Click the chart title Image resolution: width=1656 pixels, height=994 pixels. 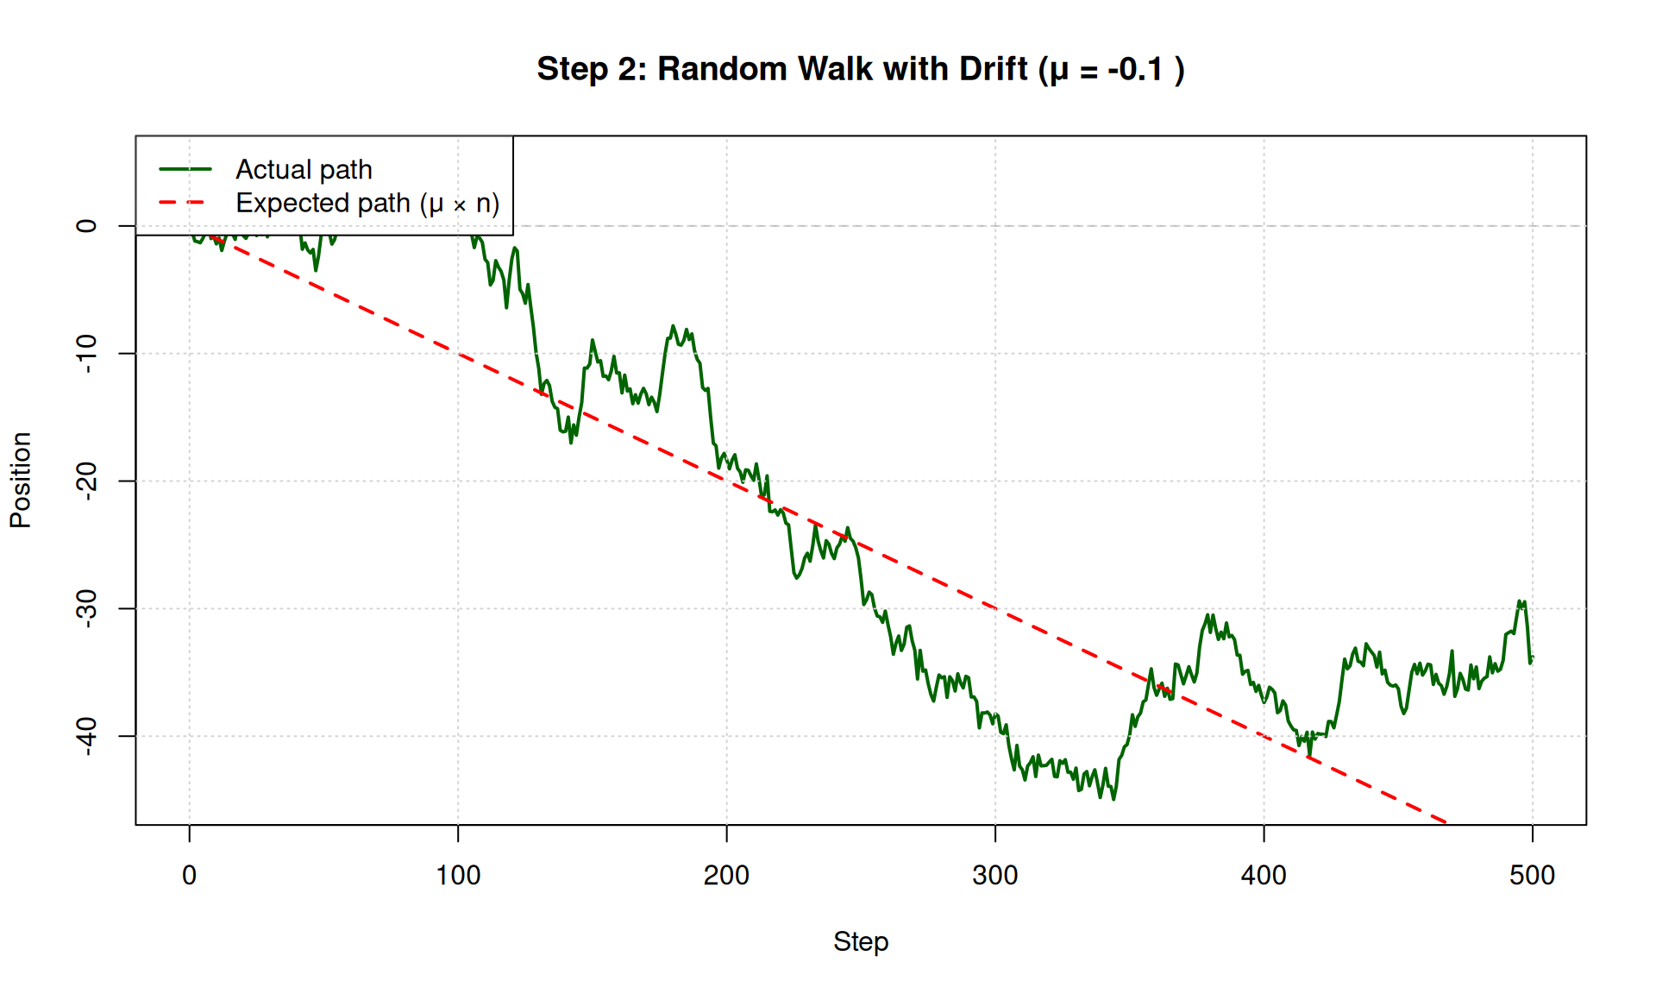click(x=861, y=69)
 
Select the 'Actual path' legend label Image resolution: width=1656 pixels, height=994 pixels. click(x=304, y=170)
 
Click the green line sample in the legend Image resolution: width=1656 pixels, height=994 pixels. click(x=185, y=170)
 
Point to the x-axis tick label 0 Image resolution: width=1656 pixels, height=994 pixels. click(x=190, y=875)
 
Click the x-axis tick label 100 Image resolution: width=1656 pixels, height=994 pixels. click(x=458, y=875)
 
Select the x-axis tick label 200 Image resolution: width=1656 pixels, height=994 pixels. click(x=726, y=875)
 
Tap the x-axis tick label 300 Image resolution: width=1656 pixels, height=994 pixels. click(x=995, y=875)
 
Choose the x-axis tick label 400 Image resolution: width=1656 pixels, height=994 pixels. click(x=1264, y=875)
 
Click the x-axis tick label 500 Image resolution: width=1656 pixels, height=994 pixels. click(x=1532, y=875)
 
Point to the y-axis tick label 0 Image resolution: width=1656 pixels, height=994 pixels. click(x=87, y=226)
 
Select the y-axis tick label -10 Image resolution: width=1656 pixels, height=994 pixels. click(x=87, y=354)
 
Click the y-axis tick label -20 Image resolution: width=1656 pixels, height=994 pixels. click(x=87, y=481)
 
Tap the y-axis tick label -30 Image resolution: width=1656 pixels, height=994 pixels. click(x=87, y=608)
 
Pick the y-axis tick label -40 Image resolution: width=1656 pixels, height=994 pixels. click(x=87, y=736)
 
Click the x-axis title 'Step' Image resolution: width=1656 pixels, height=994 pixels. click(x=861, y=941)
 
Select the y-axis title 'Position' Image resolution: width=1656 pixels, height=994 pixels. click(x=21, y=481)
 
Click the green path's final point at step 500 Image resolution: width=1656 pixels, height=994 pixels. click(x=1533, y=657)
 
